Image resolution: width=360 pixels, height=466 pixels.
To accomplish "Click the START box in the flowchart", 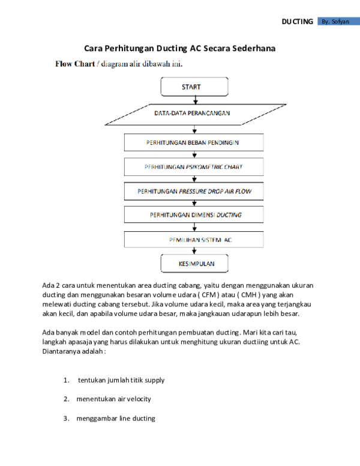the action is (x=194, y=86).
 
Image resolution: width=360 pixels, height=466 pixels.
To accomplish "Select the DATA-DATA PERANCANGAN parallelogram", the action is (x=196, y=115).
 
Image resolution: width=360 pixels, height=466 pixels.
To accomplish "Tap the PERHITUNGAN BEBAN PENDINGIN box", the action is (x=194, y=142).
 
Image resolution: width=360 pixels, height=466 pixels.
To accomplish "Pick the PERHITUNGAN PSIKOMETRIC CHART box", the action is (x=194, y=167).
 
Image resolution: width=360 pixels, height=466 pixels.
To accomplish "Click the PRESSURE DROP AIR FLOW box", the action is (x=194, y=191).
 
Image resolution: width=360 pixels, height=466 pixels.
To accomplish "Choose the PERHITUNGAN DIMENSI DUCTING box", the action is (x=194, y=214).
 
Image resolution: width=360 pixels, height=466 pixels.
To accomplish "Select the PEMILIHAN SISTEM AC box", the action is (x=194, y=240).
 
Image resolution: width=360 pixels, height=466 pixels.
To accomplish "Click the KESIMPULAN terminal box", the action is (x=194, y=263).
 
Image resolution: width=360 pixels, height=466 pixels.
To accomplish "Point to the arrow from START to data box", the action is (x=196, y=100).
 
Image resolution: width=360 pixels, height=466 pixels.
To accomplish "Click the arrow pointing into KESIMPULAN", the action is (x=194, y=251).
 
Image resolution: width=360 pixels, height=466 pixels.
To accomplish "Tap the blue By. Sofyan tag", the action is (x=338, y=21).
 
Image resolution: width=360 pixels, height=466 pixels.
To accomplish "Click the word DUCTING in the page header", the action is (x=298, y=22).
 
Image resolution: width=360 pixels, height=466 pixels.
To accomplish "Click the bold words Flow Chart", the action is (x=75, y=64).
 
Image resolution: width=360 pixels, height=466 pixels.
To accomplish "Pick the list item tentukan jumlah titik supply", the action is (x=121, y=380).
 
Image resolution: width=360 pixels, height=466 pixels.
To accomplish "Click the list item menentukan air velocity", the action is (x=114, y=399).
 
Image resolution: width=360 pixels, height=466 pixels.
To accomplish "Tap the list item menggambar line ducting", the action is (x=116, y=419).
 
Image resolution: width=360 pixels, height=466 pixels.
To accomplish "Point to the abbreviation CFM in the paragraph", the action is (x=209, y=295).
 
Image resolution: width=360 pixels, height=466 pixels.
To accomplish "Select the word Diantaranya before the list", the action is (x=58, y=351).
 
